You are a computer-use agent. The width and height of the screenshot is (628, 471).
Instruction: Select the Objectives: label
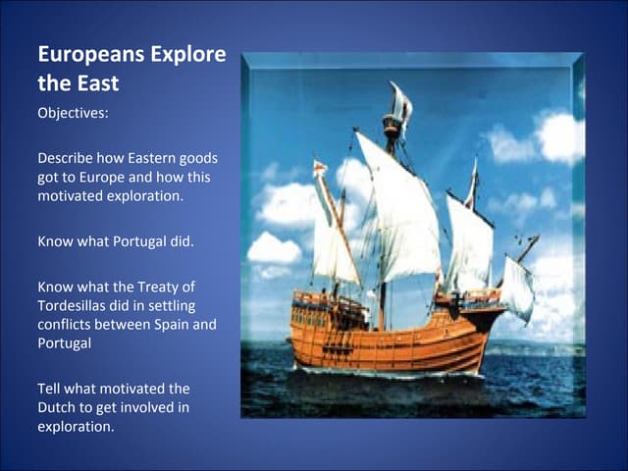pos(73,112)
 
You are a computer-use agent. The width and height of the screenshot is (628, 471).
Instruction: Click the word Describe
pos(65,158)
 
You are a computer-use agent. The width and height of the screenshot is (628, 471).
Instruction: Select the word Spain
pos(173,325)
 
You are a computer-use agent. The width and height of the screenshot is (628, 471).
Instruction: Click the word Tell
pos(51,390)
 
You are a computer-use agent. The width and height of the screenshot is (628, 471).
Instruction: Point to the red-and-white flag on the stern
pos(319,168)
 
